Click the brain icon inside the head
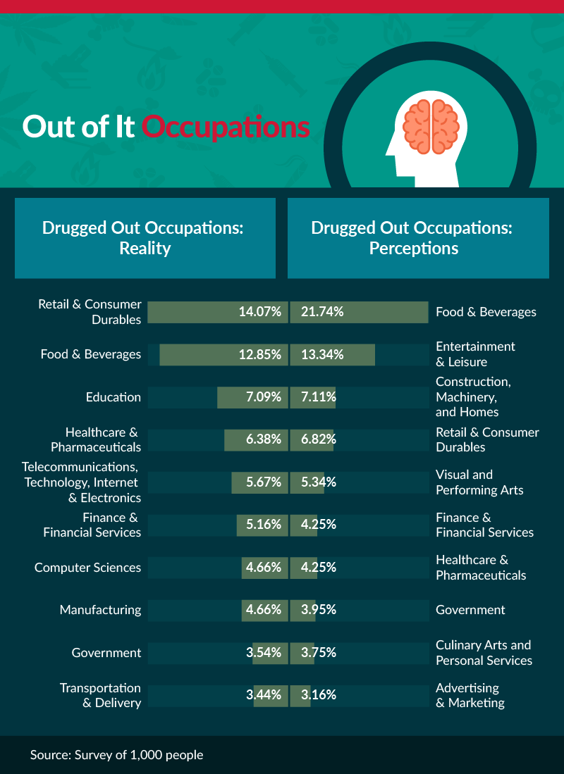click(x=428, y=126)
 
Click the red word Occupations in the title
click(x=226, y=127)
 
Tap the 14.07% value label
click(x=259, y=312)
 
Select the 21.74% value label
click(x=321, y=312)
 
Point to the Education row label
click(x=113, y=397)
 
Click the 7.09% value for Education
click(x=263, y=397)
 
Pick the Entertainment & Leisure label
click(x=475, y=354)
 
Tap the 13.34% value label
click(x=321, y=354)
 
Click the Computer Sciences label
click(x=87, y=568)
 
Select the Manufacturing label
click(x=100, y=610)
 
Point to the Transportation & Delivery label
click(x=100, y=695)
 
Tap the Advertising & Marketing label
click(x=470, y=695)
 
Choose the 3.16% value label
click(x=318, y=695)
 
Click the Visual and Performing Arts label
click(x=479, y=482)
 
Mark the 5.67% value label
click(x=263, y=482)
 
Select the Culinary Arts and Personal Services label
click(x=484, y=653)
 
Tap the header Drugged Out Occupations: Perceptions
click(x=414, y=238)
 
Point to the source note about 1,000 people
click(x=116, y=755)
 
